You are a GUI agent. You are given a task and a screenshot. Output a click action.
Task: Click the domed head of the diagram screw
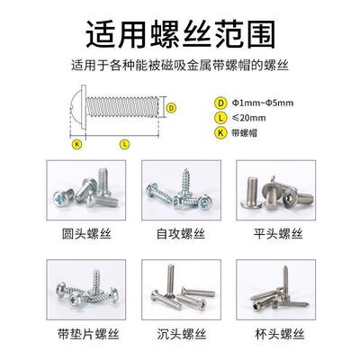pos(75,109)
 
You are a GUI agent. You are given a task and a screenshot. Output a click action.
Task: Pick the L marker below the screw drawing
pos(122,143)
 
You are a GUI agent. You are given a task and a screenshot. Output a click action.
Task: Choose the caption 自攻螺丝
pos(180,235)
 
